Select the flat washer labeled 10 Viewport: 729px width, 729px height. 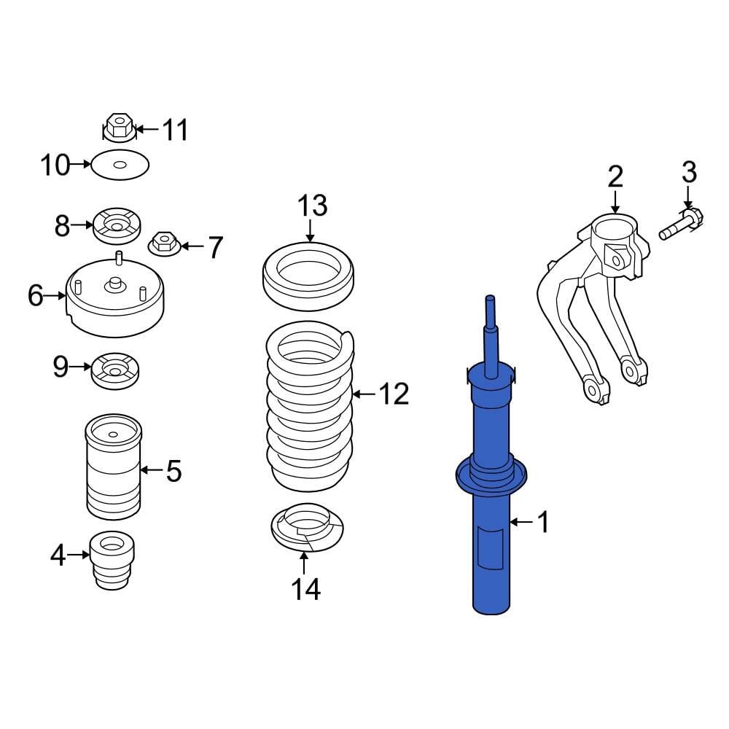120,166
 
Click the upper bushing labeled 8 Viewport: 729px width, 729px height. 117,227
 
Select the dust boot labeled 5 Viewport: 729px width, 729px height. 113,467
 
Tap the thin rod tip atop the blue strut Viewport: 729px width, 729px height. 490,313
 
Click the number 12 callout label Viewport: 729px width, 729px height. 393,394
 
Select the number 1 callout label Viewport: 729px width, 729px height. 543,522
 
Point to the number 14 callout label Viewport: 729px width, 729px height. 306,589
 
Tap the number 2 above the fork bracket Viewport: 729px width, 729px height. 616,176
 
